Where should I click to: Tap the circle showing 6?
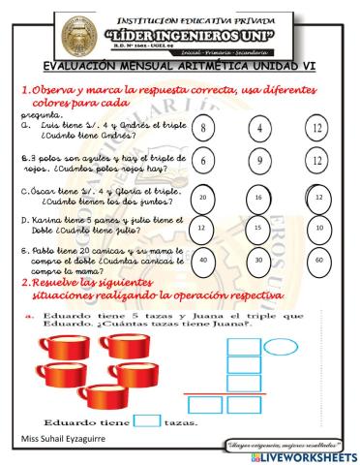click(203, 163)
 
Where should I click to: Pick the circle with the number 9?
click(260, 163)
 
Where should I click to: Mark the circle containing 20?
click(202, 197)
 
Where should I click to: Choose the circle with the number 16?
click(259, 197)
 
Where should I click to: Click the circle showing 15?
click(259, 229)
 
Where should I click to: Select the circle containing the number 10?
click(319, 229)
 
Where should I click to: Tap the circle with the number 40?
click(202, 260)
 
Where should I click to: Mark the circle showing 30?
click(259, 260)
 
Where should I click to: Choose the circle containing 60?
click(319, 260)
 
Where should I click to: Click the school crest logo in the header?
click(49, 35)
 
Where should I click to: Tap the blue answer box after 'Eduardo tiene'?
click(147, 419)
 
